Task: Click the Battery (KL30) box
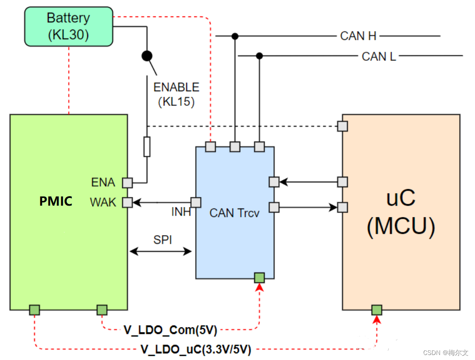(x=69, y=27)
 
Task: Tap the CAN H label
(x=358, y=36)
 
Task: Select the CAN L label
(x=379, y=56)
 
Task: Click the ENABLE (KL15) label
(x=176, y=94)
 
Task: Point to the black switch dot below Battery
(x=147, y=56)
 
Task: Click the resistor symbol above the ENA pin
(x=147, y=147)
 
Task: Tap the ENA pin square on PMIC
(x=128, y=183)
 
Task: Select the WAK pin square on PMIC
(x=128, y=202)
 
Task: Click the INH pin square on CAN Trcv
(x=196, y=202)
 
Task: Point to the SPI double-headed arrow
(x=161, y=252)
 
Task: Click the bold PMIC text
(x=56, y=201)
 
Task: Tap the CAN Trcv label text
(x=234, y=213)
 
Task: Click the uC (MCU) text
(x=401, y=212)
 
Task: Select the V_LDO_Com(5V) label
(x=170, y=330)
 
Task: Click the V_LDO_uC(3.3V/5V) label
(x=196, y=350)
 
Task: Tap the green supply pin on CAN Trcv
(x=259, y=278)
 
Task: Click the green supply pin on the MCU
(x=377, y=310)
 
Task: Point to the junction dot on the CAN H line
(x=235, y=36)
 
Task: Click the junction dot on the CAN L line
(x=259, y=56)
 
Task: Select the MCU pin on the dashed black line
(x=342, y=126)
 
